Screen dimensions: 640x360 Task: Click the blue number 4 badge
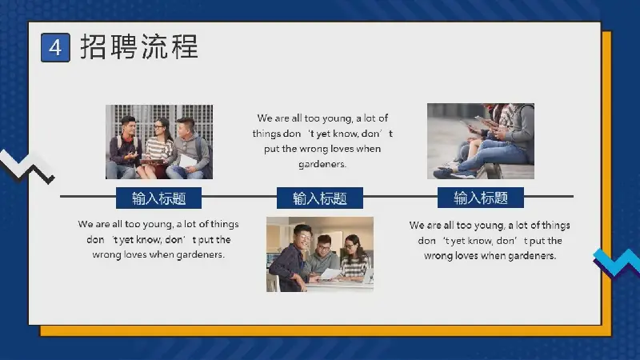[x=55, y=48]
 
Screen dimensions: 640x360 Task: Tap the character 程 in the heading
[x=185, y=46]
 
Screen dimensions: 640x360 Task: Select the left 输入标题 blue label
[x=158, y=198]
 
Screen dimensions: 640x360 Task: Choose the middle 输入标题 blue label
[x=319, y=198]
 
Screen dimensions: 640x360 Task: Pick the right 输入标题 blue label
[x=481, y=198]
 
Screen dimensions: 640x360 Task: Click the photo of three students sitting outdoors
[x=159, y=142]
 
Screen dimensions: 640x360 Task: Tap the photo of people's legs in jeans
[x=481, y=141]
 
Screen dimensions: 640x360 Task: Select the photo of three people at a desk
[x=319, y=254]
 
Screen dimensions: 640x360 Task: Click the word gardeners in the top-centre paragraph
[x=322, y=164]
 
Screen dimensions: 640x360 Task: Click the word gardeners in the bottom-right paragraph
[x=531, y=256]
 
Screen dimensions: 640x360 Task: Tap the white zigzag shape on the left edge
[x=26, y=166]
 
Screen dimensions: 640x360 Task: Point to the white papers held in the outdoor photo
[x=186, y=161]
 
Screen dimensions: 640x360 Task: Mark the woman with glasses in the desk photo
[x=354, y=258]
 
